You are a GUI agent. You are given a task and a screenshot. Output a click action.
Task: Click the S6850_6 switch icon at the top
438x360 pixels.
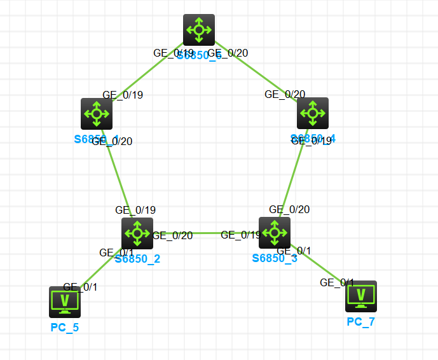point(199,29)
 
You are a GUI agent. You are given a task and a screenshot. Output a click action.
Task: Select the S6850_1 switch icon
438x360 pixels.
point(97,114)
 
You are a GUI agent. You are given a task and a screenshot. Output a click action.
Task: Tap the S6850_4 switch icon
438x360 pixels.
point(313,113)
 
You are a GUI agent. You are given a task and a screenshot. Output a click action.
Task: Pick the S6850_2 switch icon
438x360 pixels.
point(137,233)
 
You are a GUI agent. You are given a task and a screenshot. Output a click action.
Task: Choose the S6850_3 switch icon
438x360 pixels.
point(275,233)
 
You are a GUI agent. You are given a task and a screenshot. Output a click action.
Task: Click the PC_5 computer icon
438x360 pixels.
point(65,301)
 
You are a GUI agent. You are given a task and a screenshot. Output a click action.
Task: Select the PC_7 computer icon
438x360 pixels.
point(361,296)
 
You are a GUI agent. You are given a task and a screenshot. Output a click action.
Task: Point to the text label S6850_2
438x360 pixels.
point(137,259)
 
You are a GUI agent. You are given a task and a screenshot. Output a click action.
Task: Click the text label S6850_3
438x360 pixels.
point(275,258)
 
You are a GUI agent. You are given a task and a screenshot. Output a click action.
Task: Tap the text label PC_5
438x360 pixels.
point(65,328)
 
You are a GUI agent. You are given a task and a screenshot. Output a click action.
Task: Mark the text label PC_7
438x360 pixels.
point(361,322)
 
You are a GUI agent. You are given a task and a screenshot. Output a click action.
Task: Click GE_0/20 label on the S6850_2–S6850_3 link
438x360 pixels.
point(173,235)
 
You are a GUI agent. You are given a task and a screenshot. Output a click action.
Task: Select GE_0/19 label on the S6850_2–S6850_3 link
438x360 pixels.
point(241,235)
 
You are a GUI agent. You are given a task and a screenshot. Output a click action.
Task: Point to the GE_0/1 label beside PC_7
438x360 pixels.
point(337,282)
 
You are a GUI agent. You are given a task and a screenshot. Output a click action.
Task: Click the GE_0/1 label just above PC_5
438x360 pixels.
point(80,287)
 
